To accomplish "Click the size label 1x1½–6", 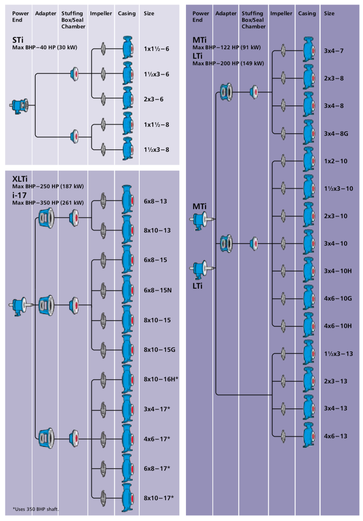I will coord(157,49).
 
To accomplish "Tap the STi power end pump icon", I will coord(19,105).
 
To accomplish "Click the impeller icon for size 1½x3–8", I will coord(103,149).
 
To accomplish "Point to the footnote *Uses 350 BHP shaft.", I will coord(36,509).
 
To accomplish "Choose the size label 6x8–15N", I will coord(158,290).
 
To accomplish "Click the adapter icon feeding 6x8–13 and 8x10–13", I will coord(45,218).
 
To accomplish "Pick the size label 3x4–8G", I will coord(336,133).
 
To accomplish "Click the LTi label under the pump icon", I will coord(197,286).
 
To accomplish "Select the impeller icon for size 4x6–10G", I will coord(283,298).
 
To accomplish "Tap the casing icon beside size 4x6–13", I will coord(308,435).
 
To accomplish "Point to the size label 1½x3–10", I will coord(338,189).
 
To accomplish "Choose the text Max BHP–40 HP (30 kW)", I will coord(45,47).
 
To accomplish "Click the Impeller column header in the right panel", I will coord(281,14).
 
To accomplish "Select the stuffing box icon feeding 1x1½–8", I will coord(75,136).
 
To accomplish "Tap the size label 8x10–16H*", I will coord(161,379).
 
